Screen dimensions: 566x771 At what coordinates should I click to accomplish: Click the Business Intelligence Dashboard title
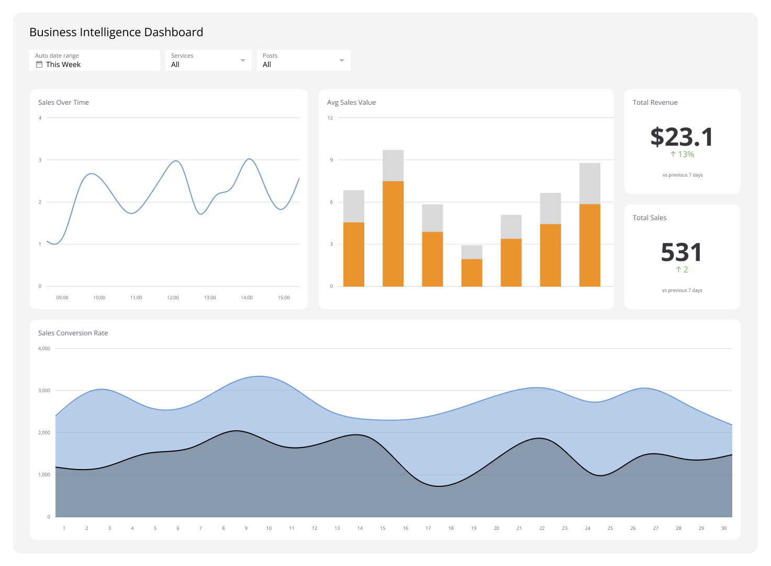coord(116,32)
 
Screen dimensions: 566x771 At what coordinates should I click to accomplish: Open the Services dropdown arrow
coord(242,60)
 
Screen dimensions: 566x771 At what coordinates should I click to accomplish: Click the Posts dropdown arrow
coord(342,60)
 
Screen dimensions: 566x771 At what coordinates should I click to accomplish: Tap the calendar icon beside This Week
coord(39,64)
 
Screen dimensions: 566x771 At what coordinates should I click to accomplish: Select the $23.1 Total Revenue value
coord(681,137)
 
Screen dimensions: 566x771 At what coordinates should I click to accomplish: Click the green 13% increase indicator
coord(682,155)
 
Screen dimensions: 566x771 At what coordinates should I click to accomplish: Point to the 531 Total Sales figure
coord(681,252)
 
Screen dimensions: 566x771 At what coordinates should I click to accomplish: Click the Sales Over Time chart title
coord(63,103)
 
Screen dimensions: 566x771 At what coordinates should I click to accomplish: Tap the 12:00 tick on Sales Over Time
coord(173,298)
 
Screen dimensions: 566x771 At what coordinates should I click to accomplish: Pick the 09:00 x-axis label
coord(62,298)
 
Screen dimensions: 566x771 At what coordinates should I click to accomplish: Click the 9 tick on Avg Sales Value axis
coord(331,160)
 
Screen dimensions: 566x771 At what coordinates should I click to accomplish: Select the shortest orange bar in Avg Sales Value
coord(472,273)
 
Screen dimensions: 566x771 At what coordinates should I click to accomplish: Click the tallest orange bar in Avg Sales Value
coord(393,233)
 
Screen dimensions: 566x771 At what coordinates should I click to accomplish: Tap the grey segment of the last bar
coord(589,183)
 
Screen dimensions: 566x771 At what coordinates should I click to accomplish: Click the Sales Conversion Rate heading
coord(73,333)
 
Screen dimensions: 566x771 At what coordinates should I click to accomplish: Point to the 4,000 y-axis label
coord(44,349)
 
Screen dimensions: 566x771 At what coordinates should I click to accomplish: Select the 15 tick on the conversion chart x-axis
coord(383,528)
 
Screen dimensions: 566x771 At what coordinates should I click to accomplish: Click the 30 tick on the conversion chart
coord(724,528)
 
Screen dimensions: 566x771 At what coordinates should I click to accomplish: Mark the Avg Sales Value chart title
coord(351,103)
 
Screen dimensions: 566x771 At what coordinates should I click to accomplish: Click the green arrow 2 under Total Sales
coord(681,270)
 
